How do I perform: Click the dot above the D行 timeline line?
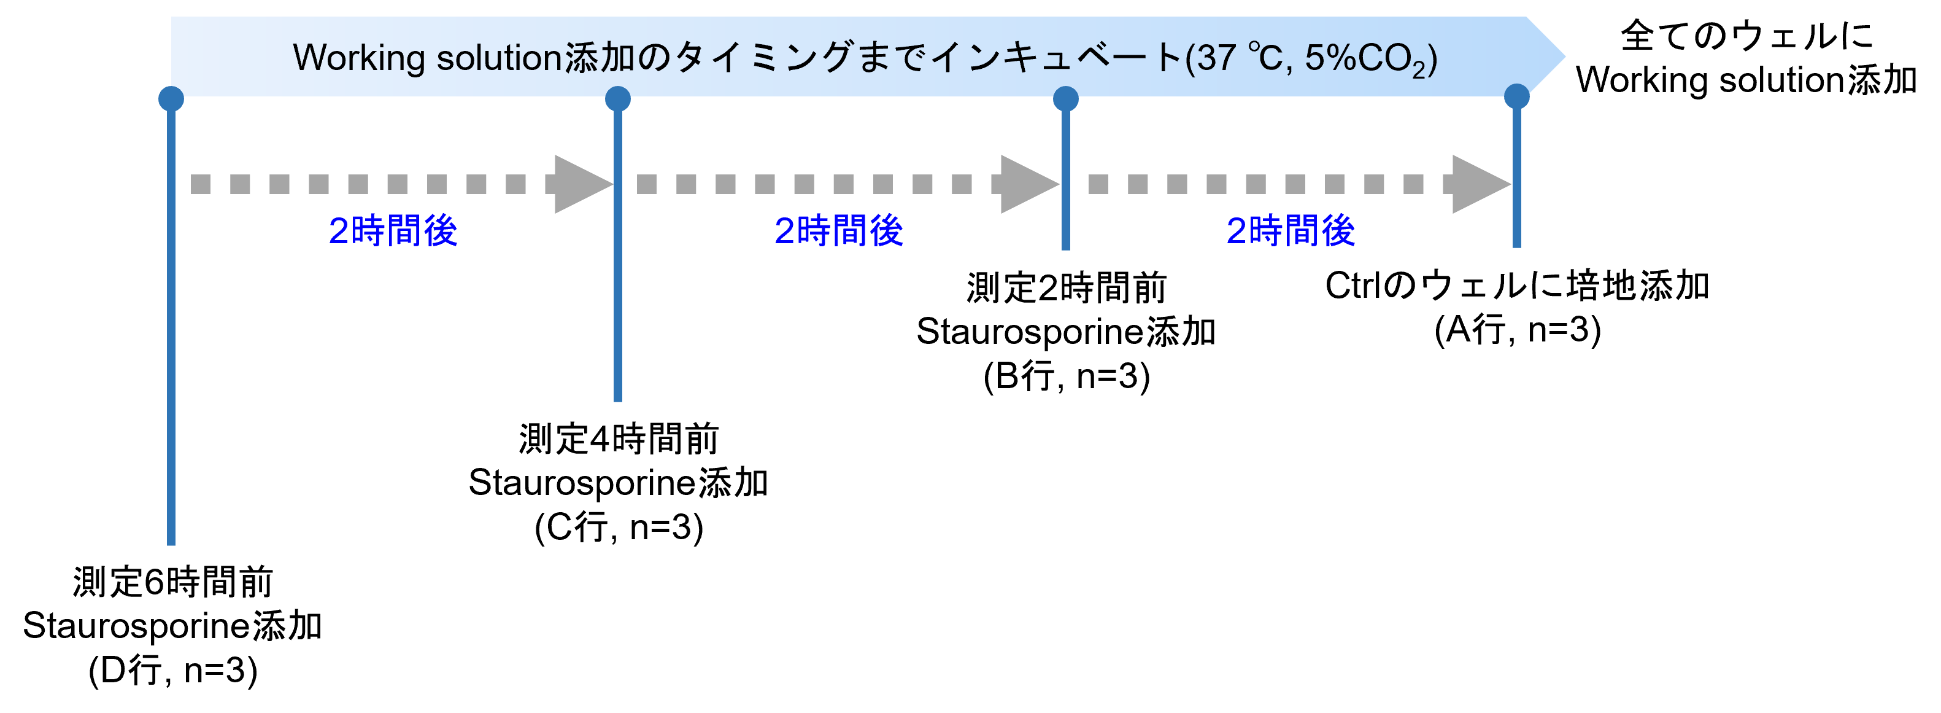[171, 99]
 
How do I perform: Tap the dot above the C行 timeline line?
[618, 99]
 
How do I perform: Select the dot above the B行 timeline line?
[1065, 99]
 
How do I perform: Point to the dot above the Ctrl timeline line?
[1517, 96]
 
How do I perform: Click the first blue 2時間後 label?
[393, 231]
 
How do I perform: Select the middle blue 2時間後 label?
[839, 231]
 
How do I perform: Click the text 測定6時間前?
[172, 582]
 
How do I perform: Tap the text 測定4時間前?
[619, 438]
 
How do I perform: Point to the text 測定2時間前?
[1066, 288]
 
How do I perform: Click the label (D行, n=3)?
[172, 670]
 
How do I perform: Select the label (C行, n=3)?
[619, 527]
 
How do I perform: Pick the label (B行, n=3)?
[1066, 376]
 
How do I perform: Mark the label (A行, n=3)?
[1518, 329]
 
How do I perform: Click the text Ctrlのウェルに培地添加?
[1518, 286]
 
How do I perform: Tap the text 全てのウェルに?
[1746, 36]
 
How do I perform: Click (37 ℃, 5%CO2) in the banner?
[1312, 59]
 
